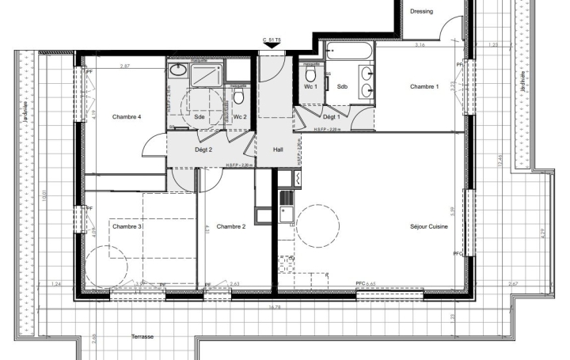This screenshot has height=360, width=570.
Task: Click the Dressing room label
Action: (421, 11)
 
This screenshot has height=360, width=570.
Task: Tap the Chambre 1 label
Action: (424, 86)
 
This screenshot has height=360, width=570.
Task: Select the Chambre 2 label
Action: (231, 227)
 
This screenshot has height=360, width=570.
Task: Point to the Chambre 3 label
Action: (127, 227)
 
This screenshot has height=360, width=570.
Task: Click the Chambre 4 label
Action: (127, 117)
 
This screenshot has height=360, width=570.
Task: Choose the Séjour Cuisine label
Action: (429, 227)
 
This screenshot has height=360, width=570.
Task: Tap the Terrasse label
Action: (142, 337)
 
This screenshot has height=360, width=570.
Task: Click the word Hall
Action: (278, 149)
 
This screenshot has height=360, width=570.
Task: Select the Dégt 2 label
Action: (203, 149)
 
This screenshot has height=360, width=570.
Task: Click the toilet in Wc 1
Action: (310, 74)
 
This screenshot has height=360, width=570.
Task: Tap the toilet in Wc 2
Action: (238, 96)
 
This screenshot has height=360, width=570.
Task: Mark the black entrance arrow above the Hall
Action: (272, 47)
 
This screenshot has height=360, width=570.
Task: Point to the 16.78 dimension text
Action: (275, 307)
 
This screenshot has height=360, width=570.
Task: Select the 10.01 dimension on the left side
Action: (46, 195)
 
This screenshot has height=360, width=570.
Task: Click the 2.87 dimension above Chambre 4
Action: (125, 66)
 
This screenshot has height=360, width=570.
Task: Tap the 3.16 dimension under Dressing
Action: (420, 45)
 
